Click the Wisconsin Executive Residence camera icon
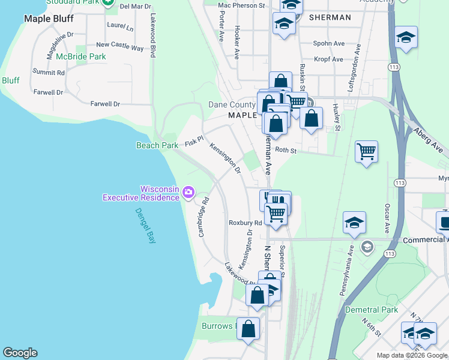pos(188,192)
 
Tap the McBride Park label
pos(81,57)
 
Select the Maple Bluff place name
pos(48,19)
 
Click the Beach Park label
pos(157,145)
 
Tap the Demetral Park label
pos(372,310)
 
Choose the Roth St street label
pos(286,151)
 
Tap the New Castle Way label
pos(120,45)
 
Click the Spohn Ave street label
pos(330,44)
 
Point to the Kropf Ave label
pos(329,59)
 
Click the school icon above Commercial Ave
pos(355,222)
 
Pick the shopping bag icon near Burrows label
pos(249,329)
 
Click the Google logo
pos(20,353)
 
